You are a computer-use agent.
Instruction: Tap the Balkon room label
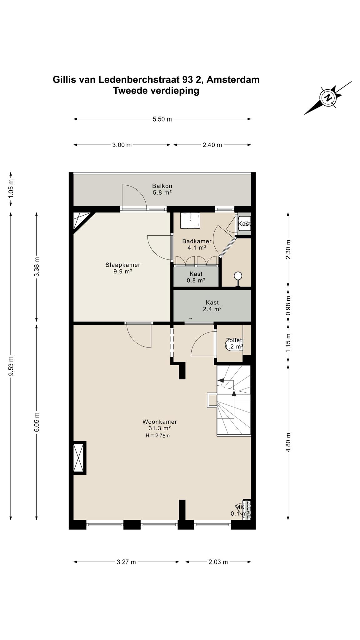point(162,186)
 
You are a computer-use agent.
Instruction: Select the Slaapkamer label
point(123,265)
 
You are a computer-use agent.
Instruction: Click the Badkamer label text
point(197,241)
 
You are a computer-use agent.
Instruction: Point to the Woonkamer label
point(160,422)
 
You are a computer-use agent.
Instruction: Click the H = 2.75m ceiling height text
point(157,436)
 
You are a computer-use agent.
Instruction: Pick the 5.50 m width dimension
point(162,119)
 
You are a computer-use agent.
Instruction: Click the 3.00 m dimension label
point(122,145)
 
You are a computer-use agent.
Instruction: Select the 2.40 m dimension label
point(212,145)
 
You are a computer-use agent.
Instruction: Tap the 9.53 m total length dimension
point(11,366)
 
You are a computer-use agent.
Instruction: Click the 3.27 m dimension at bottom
point(126,562)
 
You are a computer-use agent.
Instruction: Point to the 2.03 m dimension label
point(218,562)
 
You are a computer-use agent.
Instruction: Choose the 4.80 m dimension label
point(288,442)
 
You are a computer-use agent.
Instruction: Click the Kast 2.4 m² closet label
point(212,306)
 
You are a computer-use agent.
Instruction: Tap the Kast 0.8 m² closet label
point(196,277)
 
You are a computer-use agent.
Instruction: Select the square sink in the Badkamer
point(190,221)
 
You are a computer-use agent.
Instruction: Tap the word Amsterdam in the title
point(233,80)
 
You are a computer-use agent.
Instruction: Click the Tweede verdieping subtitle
point(156,91)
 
